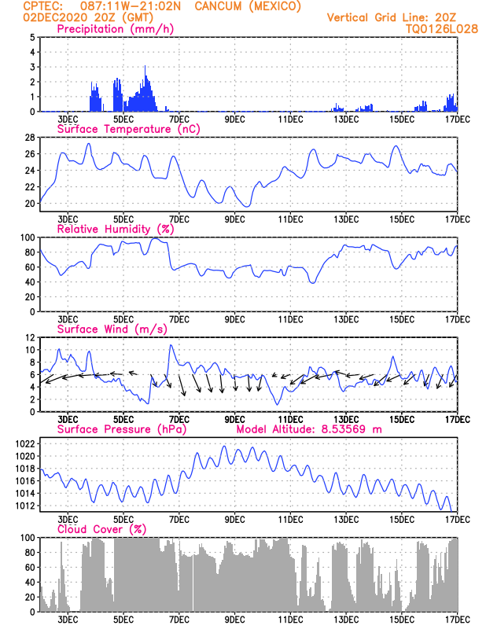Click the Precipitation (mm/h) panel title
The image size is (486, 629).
115,29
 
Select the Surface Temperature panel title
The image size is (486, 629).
128,129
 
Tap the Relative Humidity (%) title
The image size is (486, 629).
116,229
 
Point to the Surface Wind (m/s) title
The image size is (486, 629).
112,329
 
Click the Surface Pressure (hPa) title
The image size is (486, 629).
122,429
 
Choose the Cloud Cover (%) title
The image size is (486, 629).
101,529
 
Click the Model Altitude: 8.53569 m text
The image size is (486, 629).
309,429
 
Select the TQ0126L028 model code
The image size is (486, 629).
442,29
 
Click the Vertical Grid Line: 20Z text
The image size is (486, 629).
392,17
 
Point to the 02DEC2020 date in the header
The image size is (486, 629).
54,17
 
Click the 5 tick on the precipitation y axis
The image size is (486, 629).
32,37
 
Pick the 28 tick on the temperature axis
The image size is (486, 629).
30,138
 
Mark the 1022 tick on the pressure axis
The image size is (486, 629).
25,443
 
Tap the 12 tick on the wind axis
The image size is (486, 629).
30,338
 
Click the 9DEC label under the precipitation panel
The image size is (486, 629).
235,120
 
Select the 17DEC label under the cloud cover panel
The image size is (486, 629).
458,620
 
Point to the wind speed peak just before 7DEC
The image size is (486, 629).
171,345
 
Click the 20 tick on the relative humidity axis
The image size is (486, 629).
30,297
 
